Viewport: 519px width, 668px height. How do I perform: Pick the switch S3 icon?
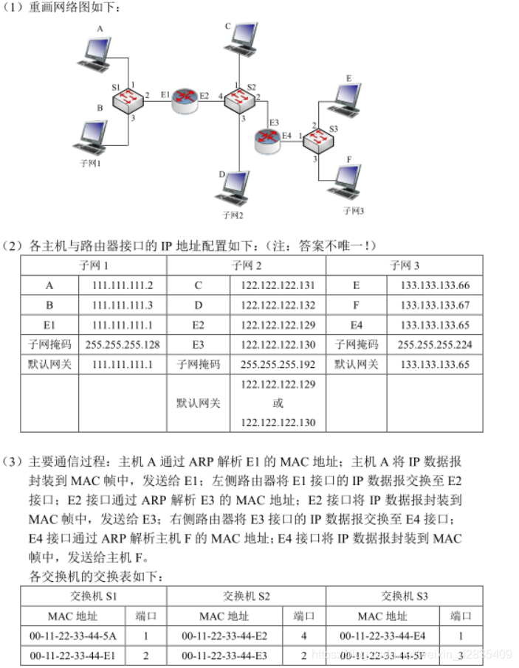pos(319,138)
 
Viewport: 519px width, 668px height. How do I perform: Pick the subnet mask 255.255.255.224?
pos(434,344)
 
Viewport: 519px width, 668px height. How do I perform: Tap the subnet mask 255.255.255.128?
pos(122,344)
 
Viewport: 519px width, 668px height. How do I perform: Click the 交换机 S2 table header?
pos(246,596)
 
